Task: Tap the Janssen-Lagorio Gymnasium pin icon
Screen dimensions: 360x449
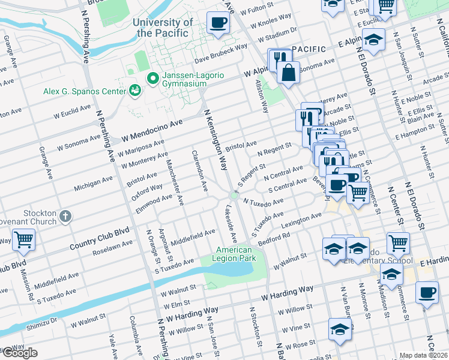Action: (x=152, y=78)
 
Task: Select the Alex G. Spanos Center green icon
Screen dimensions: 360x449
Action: (x=136, y=91)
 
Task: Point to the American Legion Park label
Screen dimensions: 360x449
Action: (x=234, y=254)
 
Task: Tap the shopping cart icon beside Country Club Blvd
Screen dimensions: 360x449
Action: (x=23, y=240)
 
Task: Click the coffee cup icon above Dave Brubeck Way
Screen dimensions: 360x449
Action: (x=217, y=23)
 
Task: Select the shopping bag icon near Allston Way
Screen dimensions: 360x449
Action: (x=288, y=73)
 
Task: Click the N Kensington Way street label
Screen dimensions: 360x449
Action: (x=216, y=140)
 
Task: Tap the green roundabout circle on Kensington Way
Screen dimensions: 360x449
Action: (x=234, y=196)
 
